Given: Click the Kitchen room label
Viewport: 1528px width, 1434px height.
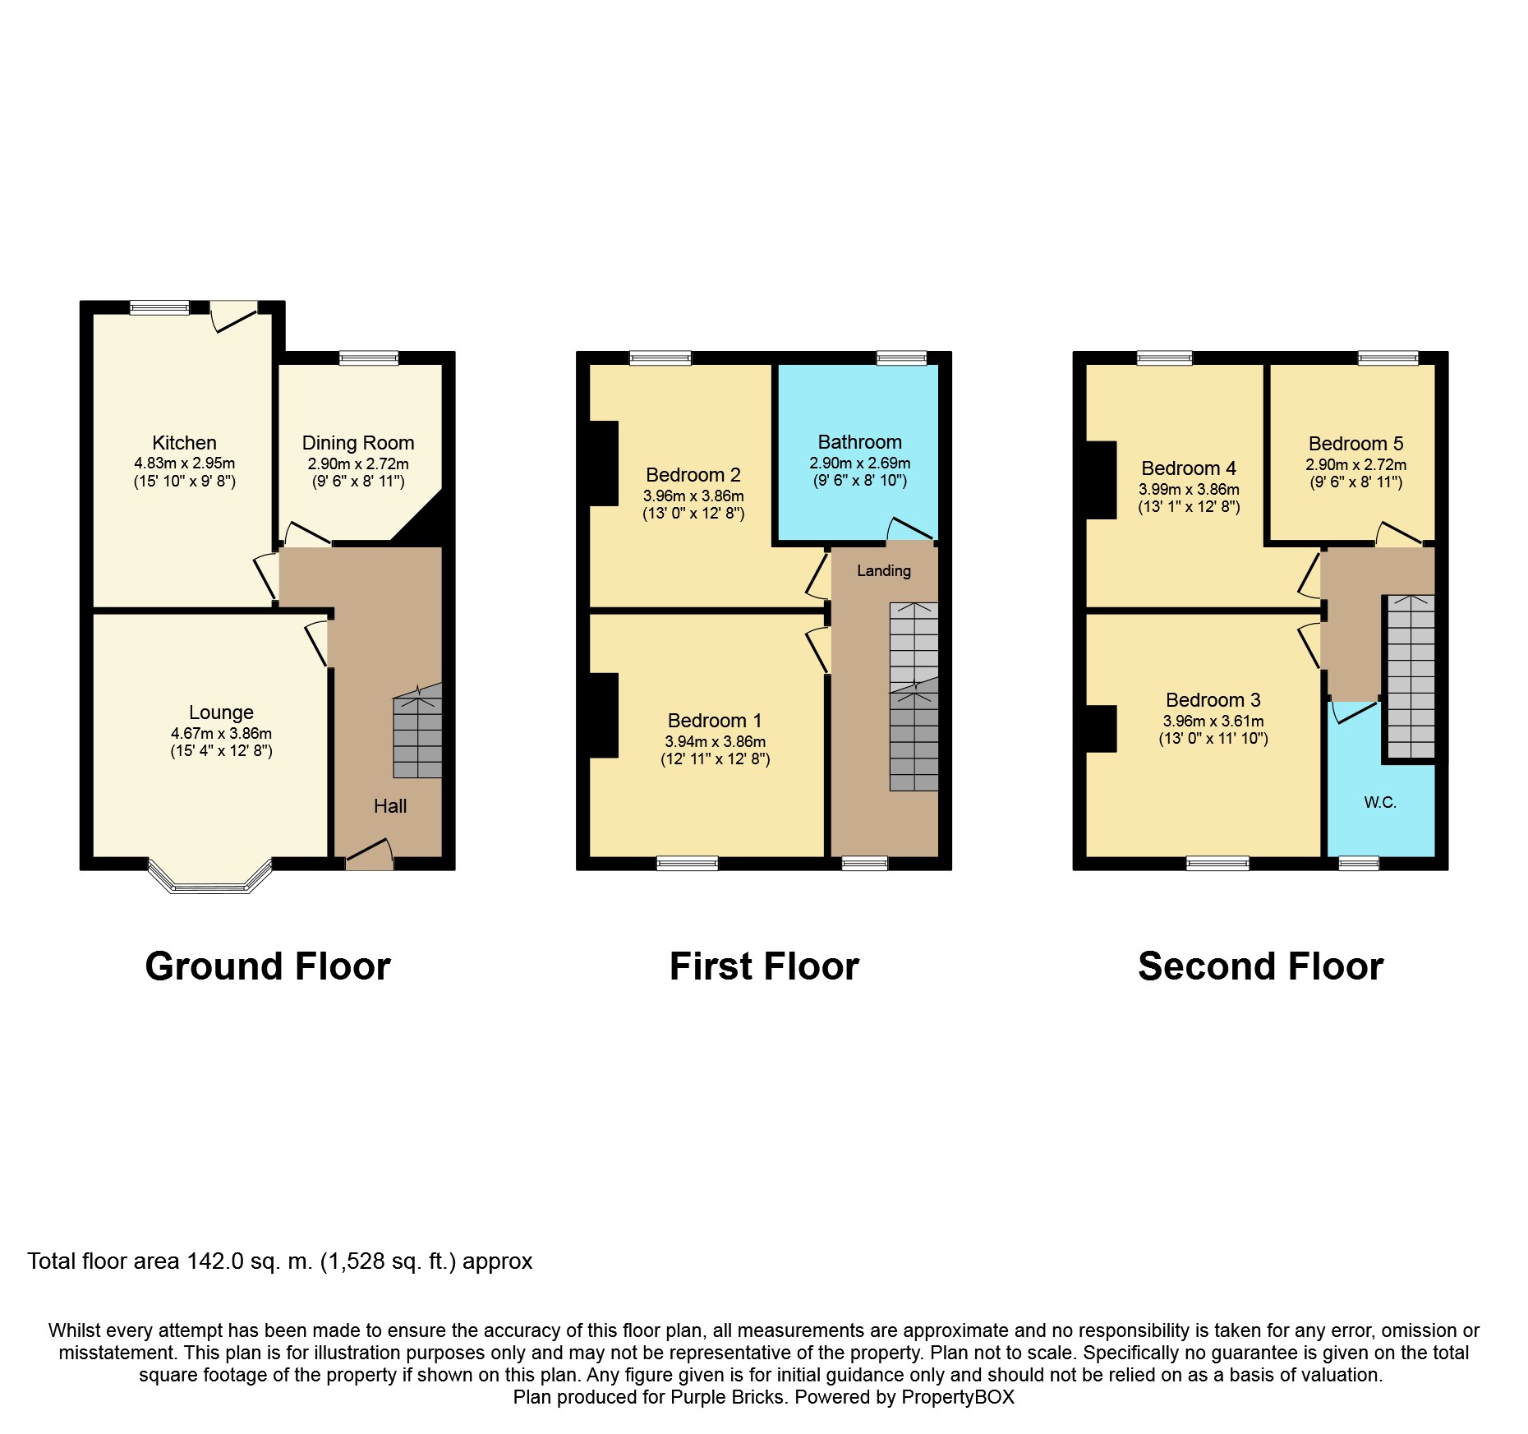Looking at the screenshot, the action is pyautogui.click(x=184, y=443).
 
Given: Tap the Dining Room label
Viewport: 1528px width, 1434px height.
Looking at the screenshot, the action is pyautogui.click(x=358, y=444).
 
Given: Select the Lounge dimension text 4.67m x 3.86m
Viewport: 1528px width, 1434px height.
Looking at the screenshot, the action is pyautogui.click(x=221, y=733).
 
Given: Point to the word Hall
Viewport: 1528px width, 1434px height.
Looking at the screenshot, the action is pyautogui.click(x=390, y=806).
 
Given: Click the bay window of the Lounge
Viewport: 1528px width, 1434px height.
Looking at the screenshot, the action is pyautogui.click(x=210, y=878).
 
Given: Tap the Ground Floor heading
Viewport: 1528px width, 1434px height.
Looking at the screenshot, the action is pyautogui.click(x=268, y=966).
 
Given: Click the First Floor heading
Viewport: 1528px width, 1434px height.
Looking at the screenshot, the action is pyautogui.click(x=764, y=966).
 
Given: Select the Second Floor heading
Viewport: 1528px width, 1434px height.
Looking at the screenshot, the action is pyautogui.click(x=1261, y=966).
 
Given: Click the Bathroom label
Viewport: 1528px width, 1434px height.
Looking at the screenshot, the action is pyautogui.click(x=859, y=442).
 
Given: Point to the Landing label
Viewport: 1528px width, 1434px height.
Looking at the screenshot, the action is pyautogui.click(x=884, y=571).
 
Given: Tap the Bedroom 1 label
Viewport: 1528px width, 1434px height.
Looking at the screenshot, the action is pyautogui.click(x=715, y=721).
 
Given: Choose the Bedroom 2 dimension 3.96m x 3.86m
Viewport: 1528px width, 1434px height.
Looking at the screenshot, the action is pyautogui.click(x=693, y=496).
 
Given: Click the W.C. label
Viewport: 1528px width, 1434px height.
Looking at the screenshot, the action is pyautogui.click(x=1380, y=803).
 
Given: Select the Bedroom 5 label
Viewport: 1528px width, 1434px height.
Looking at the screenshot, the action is pyautogui.click(x=1355, y=444).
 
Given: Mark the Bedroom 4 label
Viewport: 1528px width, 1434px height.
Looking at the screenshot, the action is pyautogui.click(x=1189, y=468).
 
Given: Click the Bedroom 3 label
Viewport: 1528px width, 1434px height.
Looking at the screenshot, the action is pyautogui.click(x=1213, y=700).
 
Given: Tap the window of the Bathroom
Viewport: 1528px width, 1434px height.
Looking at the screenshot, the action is pyautogui.click(x=901, y=357).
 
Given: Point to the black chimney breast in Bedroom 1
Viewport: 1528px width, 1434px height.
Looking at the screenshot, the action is pyautogui.click(x=604, y=715).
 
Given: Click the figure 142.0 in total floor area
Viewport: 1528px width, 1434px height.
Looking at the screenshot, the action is pyautogui.click(x=215, y=1261).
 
